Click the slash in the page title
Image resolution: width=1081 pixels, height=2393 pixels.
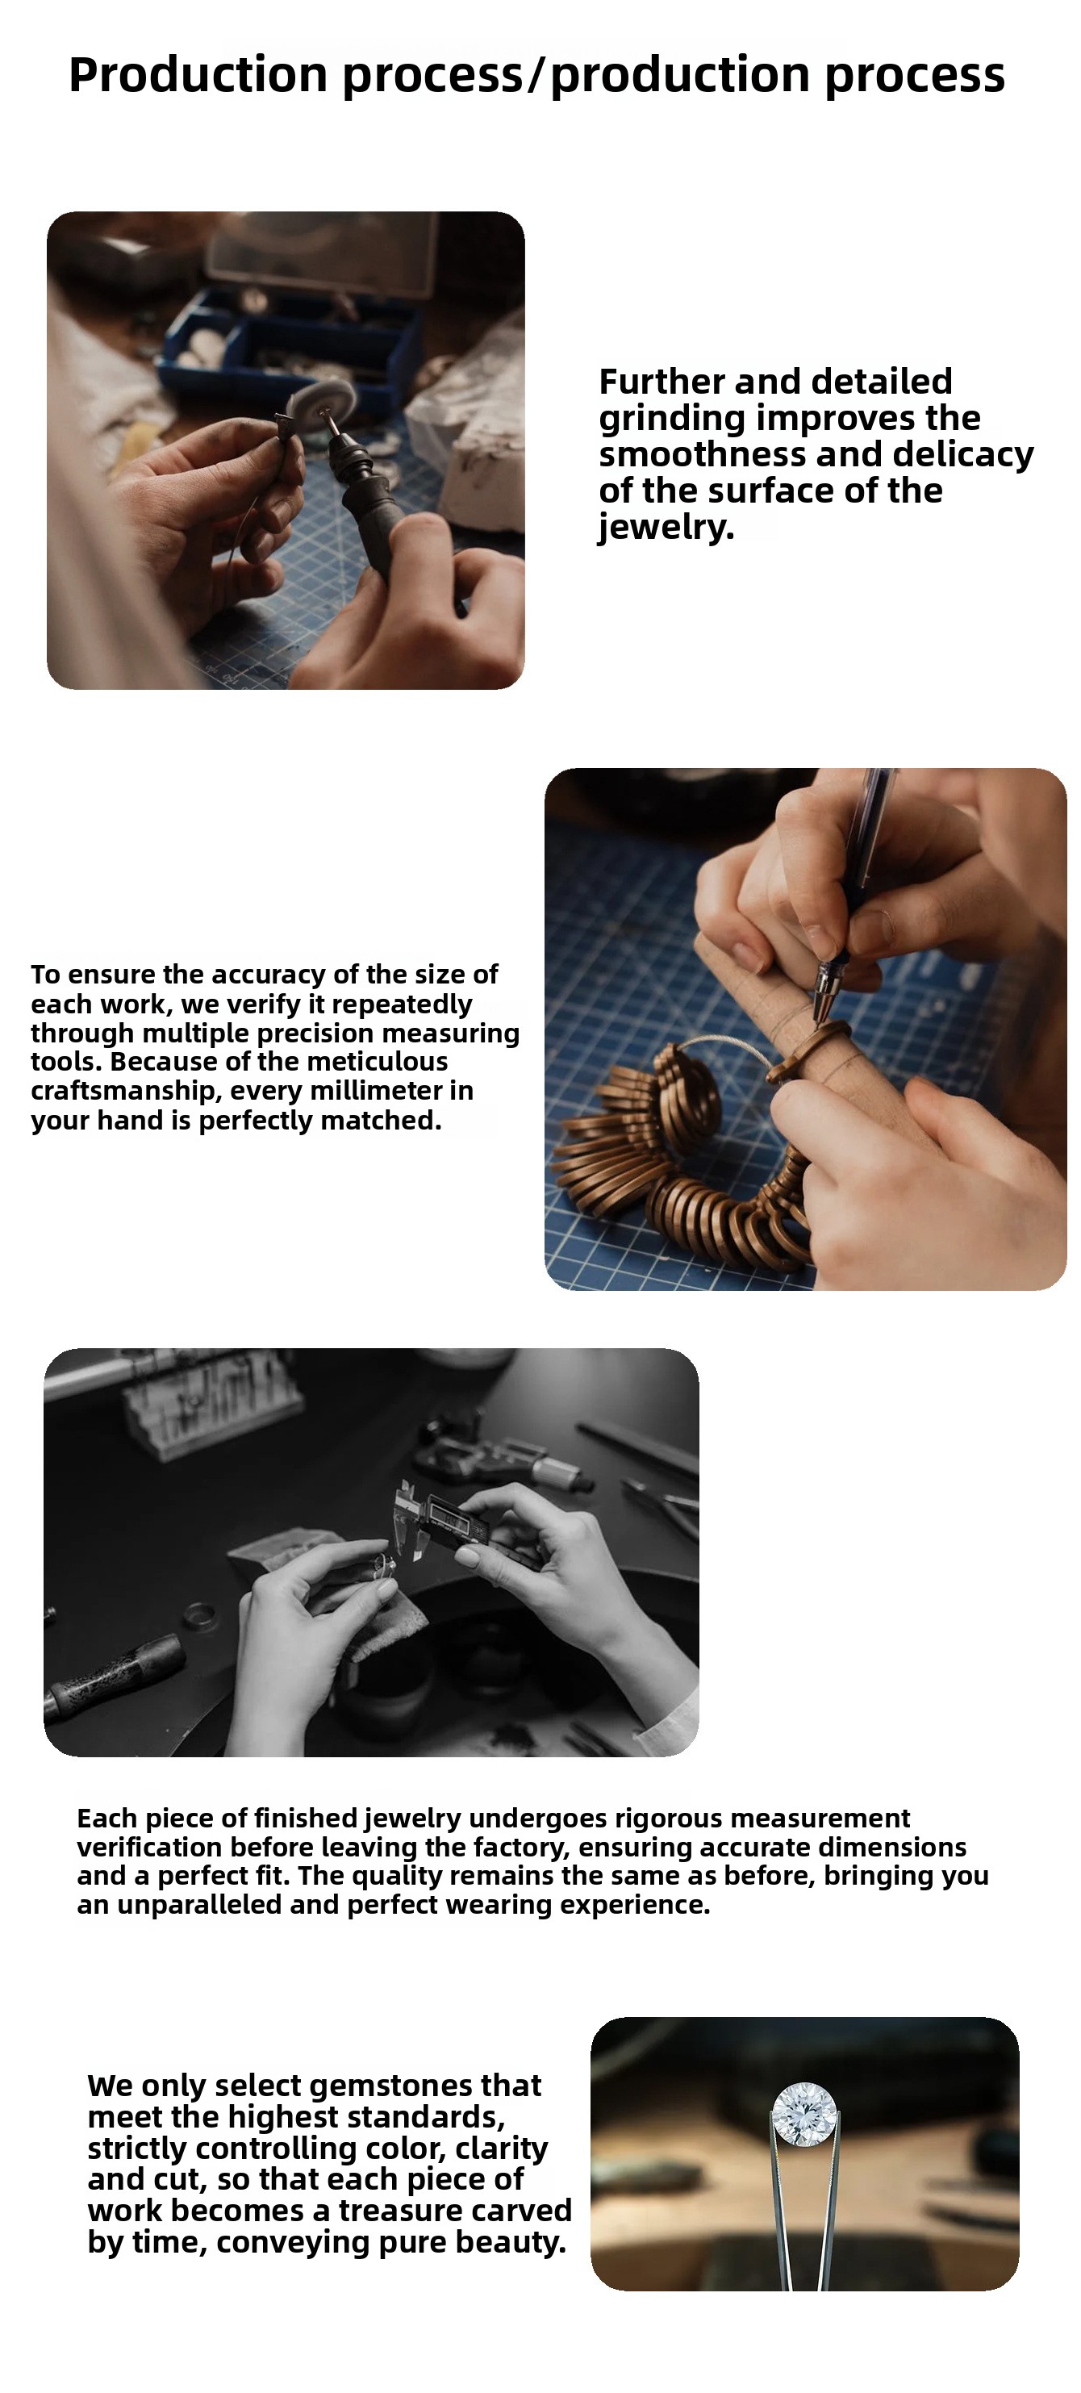pos(536,74)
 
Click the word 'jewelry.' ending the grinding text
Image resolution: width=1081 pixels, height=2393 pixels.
pos(666,527)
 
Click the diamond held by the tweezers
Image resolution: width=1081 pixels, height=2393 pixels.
pos(804,2113)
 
